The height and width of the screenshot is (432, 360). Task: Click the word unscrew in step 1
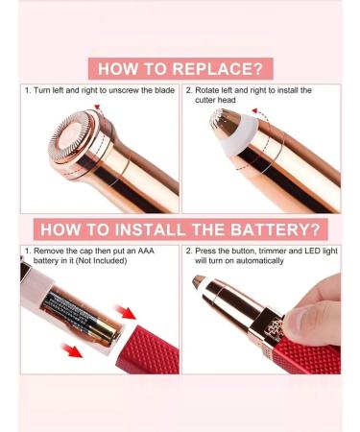[x=116, y=90]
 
